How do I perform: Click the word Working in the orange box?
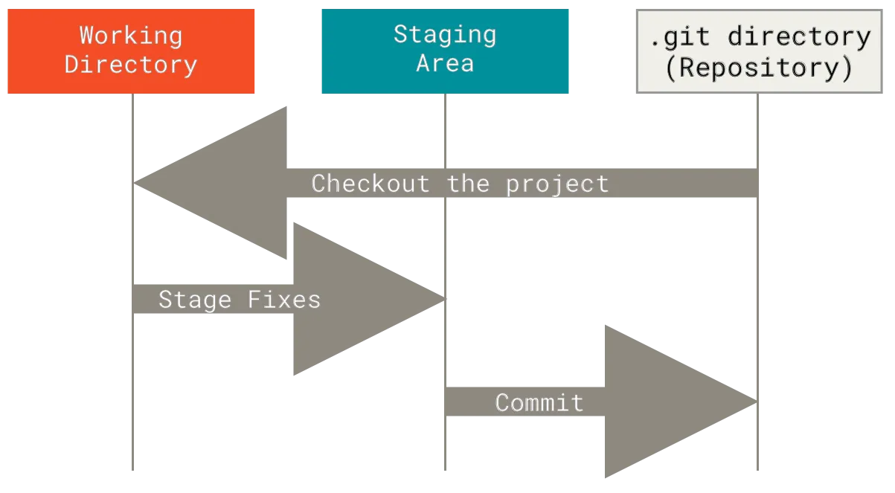(131, 35)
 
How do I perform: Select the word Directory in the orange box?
(131, 64)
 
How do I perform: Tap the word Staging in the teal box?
(445, 34)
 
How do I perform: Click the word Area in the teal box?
(445, 63)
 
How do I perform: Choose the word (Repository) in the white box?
(759, 68)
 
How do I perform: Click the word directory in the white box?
(799, 37)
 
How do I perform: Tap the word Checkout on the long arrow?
(370, 184)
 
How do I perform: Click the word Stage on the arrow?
(195, 300)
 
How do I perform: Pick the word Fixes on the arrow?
(283, 300)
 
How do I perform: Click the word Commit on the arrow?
(539, 403)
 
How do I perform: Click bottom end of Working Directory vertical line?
(134, 473)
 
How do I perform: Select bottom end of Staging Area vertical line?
(443, 473)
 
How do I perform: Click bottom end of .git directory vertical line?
(759, 473)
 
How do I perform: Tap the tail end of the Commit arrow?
(447, 402)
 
